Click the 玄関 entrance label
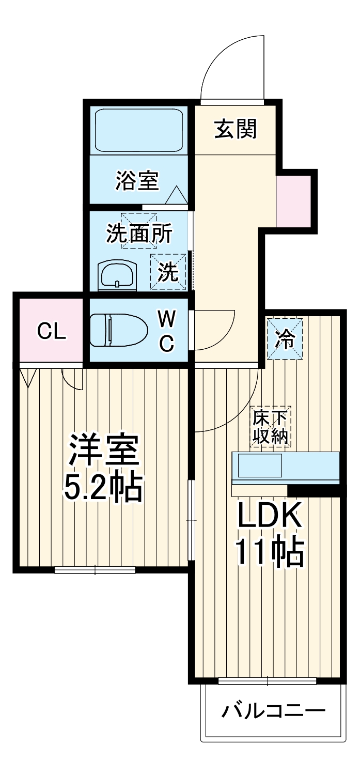(x=236, y=129)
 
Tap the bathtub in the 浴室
(x=138, y=130)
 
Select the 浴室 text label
(x=137, y=180)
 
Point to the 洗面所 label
(x=139, y=234)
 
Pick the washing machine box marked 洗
(x=168, y=272)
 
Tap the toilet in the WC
(x=115, y=330)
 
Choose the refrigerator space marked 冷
(x=285, y=339)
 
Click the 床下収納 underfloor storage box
(x=271, y=426)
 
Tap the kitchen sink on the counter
(x=260, y=466)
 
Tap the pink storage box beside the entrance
(x=294, y=201)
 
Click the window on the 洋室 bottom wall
(x=95, y=570)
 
